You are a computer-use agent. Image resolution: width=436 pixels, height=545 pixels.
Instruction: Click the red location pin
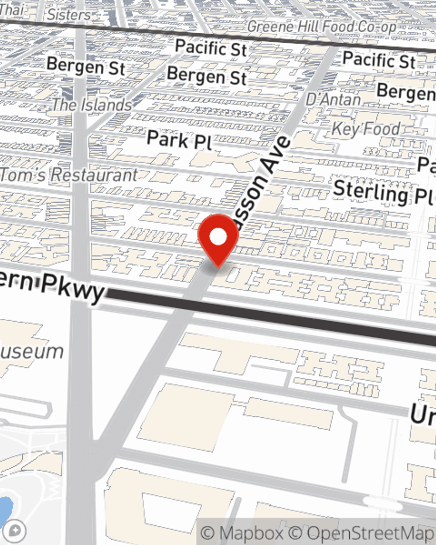pyautogui.click(x=218, y=238)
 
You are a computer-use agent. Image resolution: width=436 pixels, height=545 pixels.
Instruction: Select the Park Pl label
pyautogui.click(x=179, y=140)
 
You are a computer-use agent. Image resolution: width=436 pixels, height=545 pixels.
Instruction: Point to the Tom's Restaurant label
pyautogui.click(x=69, y=175)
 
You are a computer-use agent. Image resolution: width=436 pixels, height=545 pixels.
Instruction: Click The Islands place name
pyautogui.click(x=92, y=105)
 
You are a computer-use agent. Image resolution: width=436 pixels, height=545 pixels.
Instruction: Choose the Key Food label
pyautogui.click(x=365, y=128)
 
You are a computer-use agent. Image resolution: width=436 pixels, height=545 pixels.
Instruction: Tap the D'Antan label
pyautogui.click(x=333, y=99)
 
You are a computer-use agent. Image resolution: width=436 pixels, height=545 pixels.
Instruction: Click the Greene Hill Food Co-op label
pyautogui.click(x=322, y=27)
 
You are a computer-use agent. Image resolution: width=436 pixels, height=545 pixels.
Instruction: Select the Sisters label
pyautogui.click(x=69, y=15)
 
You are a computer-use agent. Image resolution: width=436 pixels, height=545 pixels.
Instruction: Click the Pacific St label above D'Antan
pyautogui.click(x=378, y=60)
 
